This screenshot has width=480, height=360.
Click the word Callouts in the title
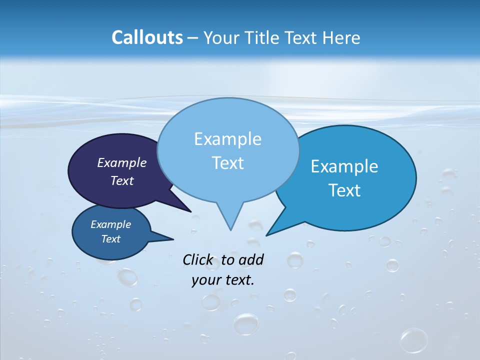tap(147, 37)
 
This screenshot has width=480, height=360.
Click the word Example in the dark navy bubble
tap(122, 162)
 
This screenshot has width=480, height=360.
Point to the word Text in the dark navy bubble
tap(122, 180)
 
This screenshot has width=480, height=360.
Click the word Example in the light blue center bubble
tap(227, 139)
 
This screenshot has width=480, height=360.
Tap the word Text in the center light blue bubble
tap(227, 163)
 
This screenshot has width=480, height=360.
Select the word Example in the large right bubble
tap(344, 166)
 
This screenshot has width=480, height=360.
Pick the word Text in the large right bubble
tap(344, 190)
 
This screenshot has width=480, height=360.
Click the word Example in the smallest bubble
tap(111, 224)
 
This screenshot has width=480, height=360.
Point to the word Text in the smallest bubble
tap(111, 239)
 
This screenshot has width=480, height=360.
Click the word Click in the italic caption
tap(198, 259)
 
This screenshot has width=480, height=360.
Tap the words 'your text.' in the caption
tap(223, 280)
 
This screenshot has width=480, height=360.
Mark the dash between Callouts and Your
tap(193, 38)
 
